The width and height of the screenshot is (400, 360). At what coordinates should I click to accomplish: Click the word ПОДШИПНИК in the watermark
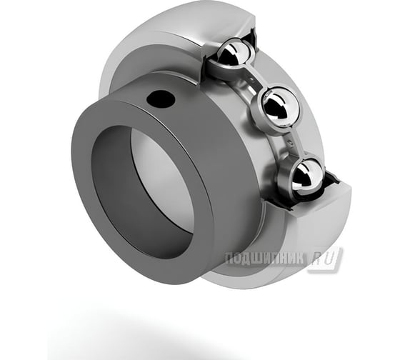tap(264, 259)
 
